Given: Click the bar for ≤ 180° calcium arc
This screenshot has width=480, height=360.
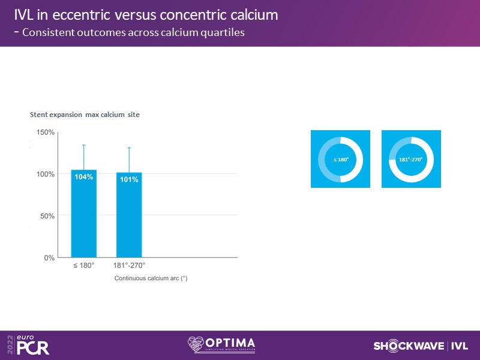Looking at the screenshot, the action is click(83, 214).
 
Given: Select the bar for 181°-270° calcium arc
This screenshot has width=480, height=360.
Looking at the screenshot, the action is click(129, 215).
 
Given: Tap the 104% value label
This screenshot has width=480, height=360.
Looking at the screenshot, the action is click(83, 176).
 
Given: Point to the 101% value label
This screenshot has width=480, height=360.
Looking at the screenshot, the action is click(129, 179).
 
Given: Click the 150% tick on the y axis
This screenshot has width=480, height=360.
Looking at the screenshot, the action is click(46, 132).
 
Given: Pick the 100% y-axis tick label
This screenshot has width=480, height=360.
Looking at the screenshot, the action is click(46, 174).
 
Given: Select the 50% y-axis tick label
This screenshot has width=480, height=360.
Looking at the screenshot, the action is click(47, 216).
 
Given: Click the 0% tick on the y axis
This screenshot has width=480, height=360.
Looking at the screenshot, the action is click(49, 258).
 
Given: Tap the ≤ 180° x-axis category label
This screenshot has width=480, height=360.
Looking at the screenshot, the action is click(84, 265).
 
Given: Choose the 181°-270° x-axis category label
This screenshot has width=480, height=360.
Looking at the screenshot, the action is click(129, 265).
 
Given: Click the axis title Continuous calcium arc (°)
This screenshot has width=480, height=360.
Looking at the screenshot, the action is click(151, 278).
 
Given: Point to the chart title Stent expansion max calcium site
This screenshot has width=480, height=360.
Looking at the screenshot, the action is click(85, 115).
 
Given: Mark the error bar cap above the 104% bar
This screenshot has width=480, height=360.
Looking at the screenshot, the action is click(83, 145).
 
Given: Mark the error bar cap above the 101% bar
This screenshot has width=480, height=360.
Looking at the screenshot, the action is click(129, 148).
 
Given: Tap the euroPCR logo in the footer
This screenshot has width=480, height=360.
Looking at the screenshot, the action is click(28, 345).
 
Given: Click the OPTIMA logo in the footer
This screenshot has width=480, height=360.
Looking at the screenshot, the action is click(221, 345).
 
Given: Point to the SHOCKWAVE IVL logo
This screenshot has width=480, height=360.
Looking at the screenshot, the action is click(421, 346).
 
